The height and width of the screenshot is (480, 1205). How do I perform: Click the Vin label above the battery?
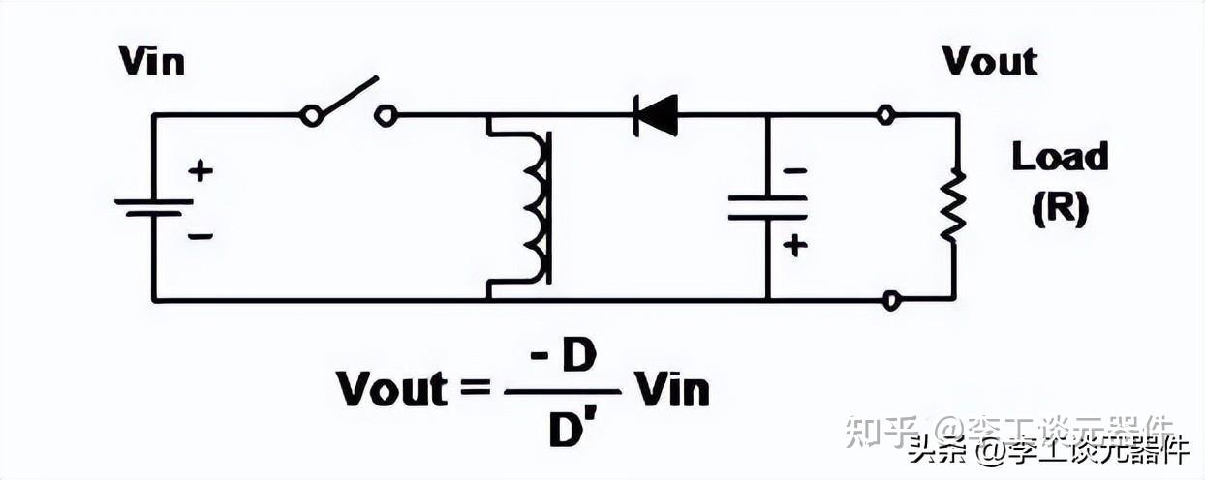[151, 62]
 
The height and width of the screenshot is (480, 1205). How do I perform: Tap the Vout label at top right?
[990, 62]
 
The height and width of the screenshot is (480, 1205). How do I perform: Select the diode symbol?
[656, 115]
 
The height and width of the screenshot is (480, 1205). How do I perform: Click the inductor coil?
[536, 206]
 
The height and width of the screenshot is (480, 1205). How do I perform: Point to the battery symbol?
[153, 207]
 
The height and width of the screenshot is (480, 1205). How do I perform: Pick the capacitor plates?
[767, 207]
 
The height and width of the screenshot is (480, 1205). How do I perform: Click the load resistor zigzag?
[954, 206]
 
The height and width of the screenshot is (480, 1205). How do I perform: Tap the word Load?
[1060, 157]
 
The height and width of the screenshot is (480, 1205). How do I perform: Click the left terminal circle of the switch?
[311, 116]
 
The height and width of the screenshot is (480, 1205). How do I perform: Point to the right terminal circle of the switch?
[386, 116]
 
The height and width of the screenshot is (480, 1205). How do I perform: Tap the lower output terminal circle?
[891, 301]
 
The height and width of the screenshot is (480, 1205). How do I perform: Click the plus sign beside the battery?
[200, 171]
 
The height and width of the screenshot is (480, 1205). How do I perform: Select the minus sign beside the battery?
[200, 235]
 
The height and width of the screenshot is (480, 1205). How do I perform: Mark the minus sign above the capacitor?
[794, 171]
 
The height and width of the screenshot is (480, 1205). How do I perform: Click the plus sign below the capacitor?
[794, 246]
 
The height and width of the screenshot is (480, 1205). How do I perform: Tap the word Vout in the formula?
[392, 390]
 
